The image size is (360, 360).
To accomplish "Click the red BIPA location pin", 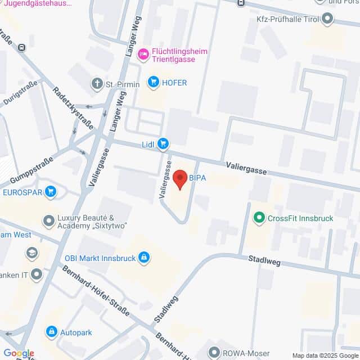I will pyautogui.click(x=180, y=179).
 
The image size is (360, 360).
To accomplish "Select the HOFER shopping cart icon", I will pyautogui.click(x=152, y=83).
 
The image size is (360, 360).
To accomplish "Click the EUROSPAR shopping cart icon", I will pyautogui.click(x=51, y=192).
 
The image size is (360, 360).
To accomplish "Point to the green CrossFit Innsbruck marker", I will pyautogui.click(x=259, y=218).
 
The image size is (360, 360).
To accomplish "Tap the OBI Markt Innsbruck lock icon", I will pyautogui.click(x=144, y=257).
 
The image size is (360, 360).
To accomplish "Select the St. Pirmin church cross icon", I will pyautogui.click(x=97, y=84).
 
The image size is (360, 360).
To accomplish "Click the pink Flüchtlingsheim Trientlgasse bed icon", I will pyautogui.click(x=143, y=54).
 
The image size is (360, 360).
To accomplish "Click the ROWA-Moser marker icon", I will pyautogui.click(x=214, y=353).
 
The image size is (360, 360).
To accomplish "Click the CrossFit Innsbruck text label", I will pyautogui.click(x=300, y=218).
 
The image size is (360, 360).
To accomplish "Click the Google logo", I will pyautogui.click(x=19, y=353).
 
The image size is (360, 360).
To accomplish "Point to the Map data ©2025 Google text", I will pyautogui.click(x=325, y=355).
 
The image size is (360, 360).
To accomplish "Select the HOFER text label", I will pyautogui.click(x=174, y=83).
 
